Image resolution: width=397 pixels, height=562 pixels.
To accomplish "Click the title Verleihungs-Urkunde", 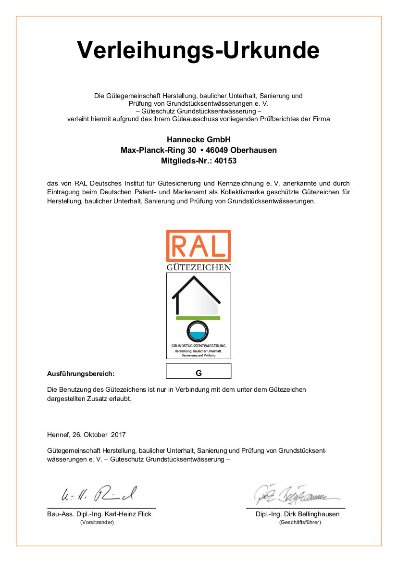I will [x=198, y=50].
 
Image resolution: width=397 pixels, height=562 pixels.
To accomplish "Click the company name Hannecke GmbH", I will [x=198, y=139].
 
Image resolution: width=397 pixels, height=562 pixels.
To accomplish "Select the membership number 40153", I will [x=226, y=161].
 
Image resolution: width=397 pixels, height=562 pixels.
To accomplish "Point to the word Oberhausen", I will [x=255, y=150].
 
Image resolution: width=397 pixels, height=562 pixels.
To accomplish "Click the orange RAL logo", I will [x=198, y=246].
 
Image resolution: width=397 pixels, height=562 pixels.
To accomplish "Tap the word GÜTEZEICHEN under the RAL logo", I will [x=198, y=267].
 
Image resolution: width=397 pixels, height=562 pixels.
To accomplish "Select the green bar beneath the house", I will [x=198, y=318].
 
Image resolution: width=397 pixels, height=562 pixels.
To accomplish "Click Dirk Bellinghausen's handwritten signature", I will [x=293, y=493].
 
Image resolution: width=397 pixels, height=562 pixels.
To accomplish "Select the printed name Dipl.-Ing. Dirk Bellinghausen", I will [x=298, y=514].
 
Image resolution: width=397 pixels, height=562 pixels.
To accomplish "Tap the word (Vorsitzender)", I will [x=97, y=522].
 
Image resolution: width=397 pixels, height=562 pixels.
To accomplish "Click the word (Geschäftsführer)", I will [x=299, y=522].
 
